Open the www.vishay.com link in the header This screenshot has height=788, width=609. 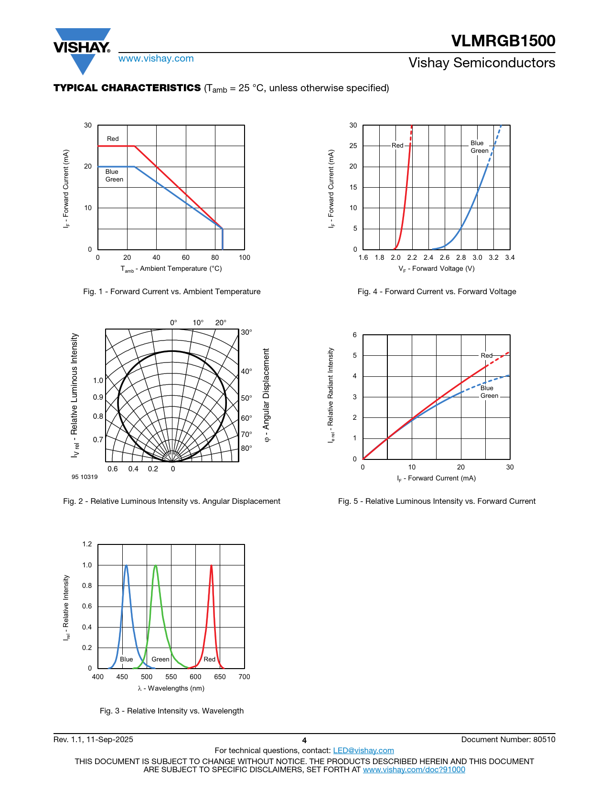(156, 59)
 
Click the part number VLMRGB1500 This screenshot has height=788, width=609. (503, 41)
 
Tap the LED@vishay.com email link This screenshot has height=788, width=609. (363, 751)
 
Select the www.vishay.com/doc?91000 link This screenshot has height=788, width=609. (414, 769)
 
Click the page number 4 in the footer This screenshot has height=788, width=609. (304, 741)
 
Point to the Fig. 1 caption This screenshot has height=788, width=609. (171, 292)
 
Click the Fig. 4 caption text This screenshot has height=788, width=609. (437, 292)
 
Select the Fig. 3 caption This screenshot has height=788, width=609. (171, 711)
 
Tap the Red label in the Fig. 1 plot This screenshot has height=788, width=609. (113, 139)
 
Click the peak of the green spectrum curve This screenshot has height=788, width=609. (155, 566)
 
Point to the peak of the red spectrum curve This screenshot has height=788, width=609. (211, 566)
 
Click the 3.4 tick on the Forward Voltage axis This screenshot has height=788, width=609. (510, 258)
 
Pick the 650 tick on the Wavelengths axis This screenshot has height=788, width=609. (220, 677)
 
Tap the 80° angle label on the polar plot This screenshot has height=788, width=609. (246, 448)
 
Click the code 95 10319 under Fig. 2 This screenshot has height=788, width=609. (85, 477)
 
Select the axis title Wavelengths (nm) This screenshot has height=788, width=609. (171, 689)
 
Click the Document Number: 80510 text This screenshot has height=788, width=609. (508, 740)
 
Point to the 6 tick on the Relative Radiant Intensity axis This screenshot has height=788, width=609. (354, 335)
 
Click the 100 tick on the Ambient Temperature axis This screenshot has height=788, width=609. (244, 258)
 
